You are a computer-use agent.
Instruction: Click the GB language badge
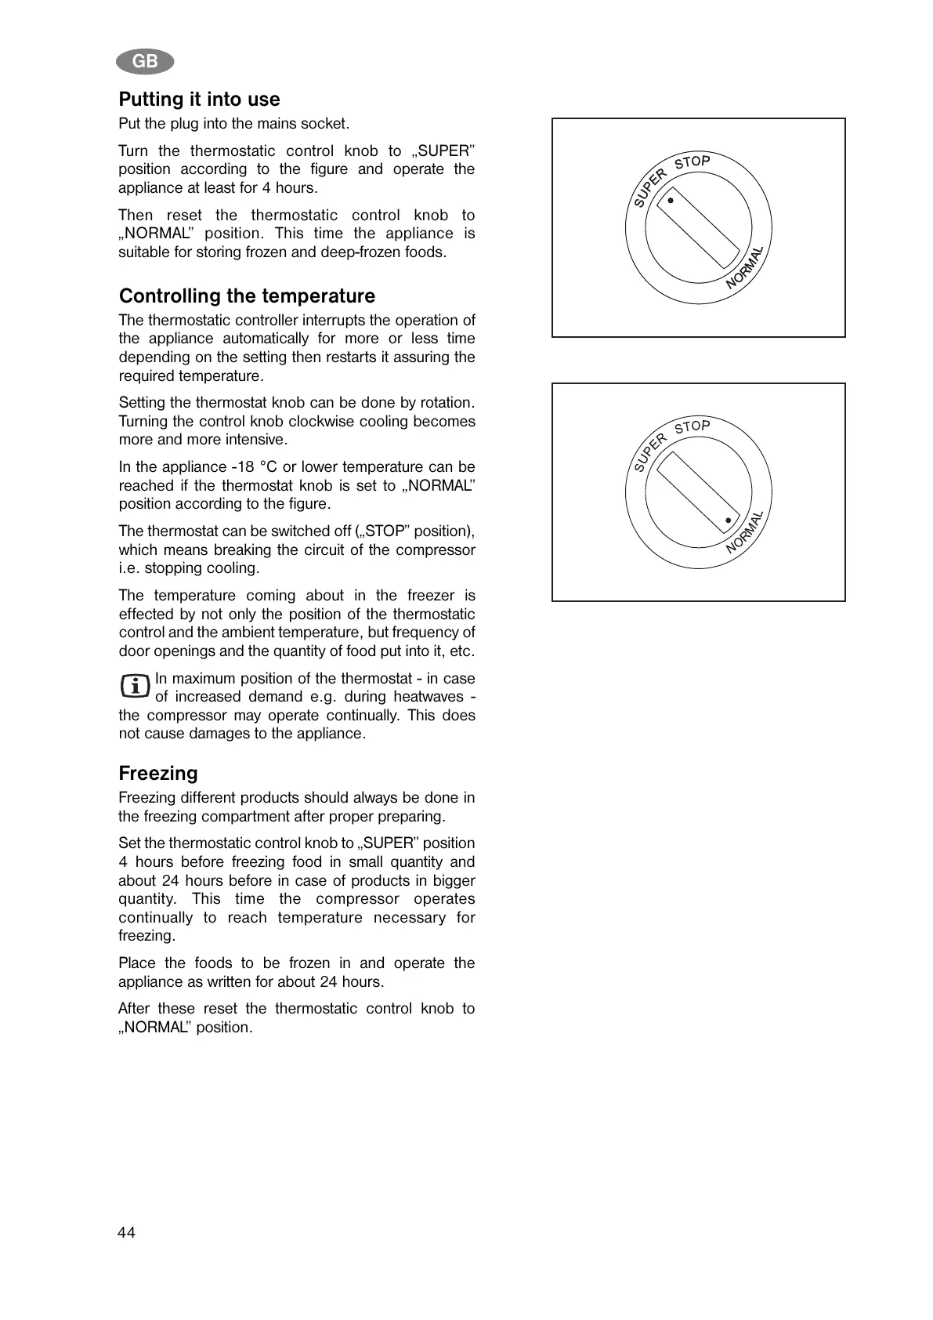point(145,61)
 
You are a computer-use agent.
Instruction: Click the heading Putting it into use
point(199,100)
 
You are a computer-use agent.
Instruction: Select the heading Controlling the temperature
point(247,296)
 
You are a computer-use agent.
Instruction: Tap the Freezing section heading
point(158,774)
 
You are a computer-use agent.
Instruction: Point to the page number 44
point(126,1233)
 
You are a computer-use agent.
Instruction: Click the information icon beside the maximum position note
point(135,687)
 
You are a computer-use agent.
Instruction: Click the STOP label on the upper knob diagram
point(693,162)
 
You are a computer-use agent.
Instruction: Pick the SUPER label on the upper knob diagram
point(650,188)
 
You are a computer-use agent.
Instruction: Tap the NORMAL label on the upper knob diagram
point(745,268)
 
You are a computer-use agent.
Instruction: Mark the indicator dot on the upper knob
point(671,201)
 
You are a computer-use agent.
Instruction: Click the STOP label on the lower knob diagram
point(693,427)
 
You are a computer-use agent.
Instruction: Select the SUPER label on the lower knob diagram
point(650,453)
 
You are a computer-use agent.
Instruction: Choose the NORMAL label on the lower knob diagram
point(745,533)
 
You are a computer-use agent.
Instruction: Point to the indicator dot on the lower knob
point(728,520)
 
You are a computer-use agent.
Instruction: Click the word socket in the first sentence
point(328,124)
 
